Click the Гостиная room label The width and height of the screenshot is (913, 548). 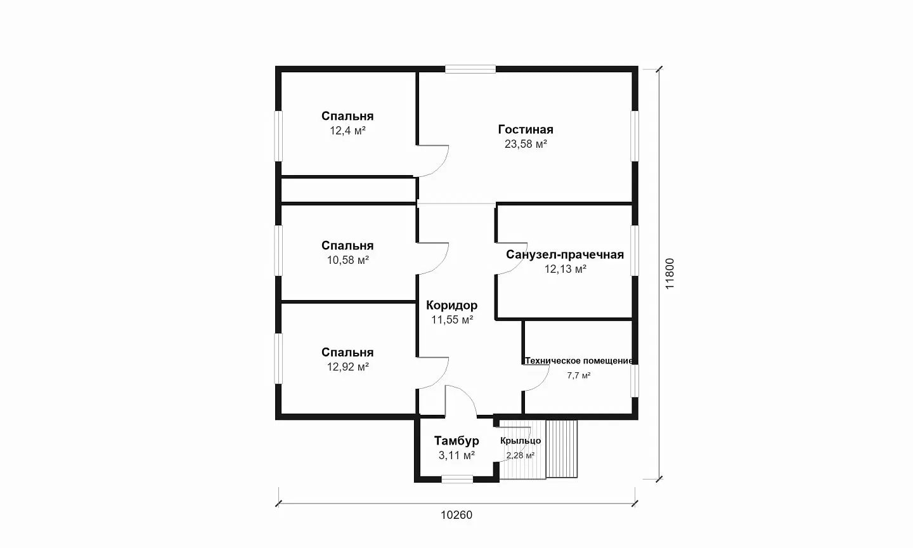pos(526,129)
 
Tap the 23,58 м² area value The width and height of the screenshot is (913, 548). pos(526,144)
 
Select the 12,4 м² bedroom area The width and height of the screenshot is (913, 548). pos(347,131)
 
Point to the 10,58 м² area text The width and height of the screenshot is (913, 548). pos(347,260)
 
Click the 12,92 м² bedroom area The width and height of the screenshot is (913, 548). pos(347,367)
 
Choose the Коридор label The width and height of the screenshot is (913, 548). pos(451,305)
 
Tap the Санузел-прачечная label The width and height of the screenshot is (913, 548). pos(565,254)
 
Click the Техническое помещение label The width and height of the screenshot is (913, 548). pos(579,361)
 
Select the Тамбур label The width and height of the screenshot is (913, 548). pos(456,441)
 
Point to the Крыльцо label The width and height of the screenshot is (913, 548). pos(521,441)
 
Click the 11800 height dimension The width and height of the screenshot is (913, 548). pos(670,273)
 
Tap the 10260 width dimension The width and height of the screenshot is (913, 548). pos(456,515)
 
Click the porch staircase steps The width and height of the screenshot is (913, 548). pos(562,448)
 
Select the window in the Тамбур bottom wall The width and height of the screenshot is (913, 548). pos(457,479)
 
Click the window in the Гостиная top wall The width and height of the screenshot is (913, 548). pos(470,69)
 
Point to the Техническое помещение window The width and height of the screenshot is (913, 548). pos(635,381)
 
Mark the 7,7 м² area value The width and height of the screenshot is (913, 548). pos(579,375)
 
